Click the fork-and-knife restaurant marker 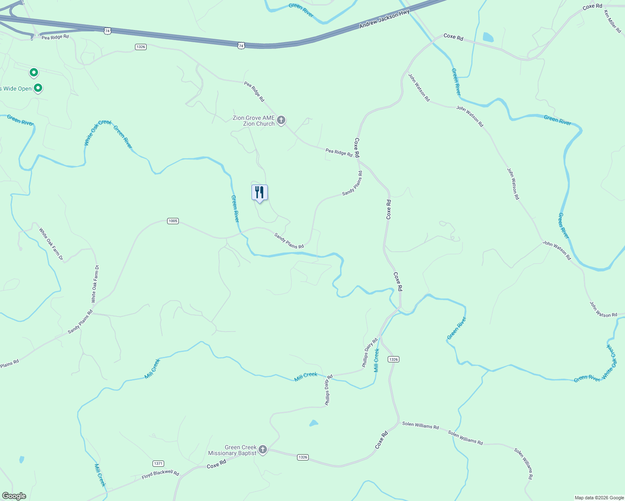click(259, 193)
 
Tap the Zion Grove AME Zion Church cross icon click(281, 121)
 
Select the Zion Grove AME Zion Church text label click(254, 121)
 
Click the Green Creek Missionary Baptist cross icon click(263, 450)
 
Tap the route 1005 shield click(173, 221)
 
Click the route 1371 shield click(158, 463)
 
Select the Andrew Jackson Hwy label click(384, 19)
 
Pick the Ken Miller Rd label click(612, 21)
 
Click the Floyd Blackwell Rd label click(160, 474)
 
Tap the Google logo click(14, 496)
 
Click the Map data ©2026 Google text click(599, 498)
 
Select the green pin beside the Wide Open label click(38, 88)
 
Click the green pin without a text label click(34, 73)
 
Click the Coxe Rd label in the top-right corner click(592, 6)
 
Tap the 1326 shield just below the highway click(141, 47)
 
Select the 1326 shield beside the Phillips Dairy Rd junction click(393, 359)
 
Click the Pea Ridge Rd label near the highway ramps click(55, 37)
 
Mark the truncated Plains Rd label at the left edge click(9, 364)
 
